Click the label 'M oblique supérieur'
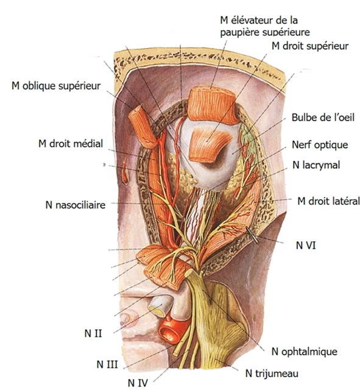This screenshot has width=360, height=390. (x=56, y=86)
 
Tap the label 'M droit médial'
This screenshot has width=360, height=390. (x=71, y=144)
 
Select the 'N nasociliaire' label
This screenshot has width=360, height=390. (x=76, y=205)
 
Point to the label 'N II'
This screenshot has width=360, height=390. (x=93, y=333)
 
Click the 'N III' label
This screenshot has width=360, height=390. (x=107, y=364)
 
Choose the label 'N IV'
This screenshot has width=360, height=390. (x=138, y=383)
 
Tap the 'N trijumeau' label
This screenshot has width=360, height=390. (x=272, y=374)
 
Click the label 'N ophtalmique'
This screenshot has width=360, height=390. (x=305, y=352)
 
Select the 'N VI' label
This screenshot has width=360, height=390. (x=306, y=246)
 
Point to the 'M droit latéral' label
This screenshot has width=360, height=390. (x=328, y=201)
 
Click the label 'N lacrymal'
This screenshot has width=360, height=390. (x=316, y=165)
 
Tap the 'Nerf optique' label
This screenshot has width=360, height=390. (x=320, y=144)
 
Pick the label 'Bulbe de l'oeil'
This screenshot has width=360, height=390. (x=323, y=118)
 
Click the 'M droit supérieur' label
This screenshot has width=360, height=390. (x=310, y=46)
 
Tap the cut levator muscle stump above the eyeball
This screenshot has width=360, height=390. (x=211, y=105)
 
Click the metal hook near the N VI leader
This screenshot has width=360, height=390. (x=252, y=235)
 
